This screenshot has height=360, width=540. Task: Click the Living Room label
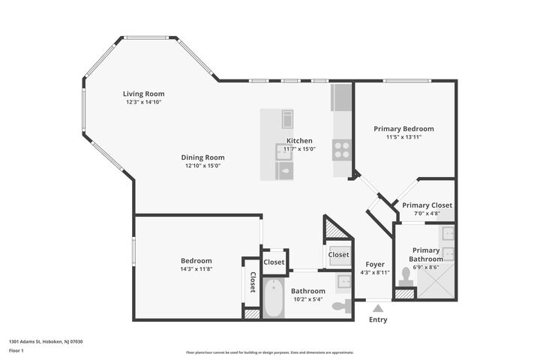click(x=143, y=94)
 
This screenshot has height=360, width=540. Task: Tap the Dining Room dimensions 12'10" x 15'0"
click(x=202, y=166)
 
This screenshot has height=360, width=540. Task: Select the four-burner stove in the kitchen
click(x=342, y=149)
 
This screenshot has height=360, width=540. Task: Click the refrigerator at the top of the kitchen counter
click(x=341, y=97)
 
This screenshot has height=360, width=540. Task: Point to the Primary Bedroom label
click(x=403, y=128)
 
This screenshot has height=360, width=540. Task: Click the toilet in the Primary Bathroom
click(x=406, y=276)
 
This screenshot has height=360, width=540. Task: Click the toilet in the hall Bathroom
click(x=341, y=305)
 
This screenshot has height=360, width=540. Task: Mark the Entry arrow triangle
click(x=379, y=307)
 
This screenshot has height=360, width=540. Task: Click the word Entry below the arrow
click(x=379, y=319)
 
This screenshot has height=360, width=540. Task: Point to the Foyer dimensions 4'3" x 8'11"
click(x=374, y=273)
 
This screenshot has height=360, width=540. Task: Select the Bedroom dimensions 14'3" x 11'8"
click(x=196, y=268)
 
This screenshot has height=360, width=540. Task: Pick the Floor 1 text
click(x=16, y=350)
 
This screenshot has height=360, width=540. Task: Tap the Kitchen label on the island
click(x=299, y=140)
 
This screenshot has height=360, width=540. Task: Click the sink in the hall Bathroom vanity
click(x=343, y=281)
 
